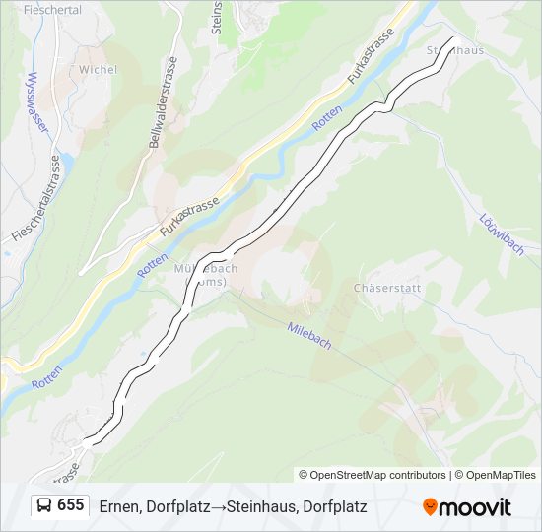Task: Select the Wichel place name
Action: tap(98, 70)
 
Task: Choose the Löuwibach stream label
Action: tap(501, 234)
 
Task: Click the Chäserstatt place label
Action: tap(386, 289)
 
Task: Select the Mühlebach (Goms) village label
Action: tap(206, 274)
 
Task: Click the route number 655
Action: tap(70, 505)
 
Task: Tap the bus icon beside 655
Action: tap(44, 506)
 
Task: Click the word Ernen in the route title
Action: tap(118, 506)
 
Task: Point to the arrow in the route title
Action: tap(221, 506)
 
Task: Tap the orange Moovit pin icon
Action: tap(431, 507)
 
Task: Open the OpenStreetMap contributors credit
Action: tap(378, 475)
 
